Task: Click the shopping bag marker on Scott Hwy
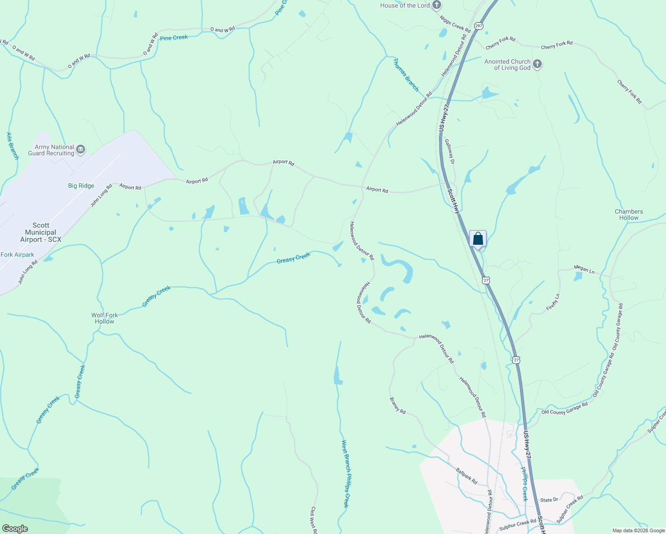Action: pos(478,239)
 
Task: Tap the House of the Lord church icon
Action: pos(437,5)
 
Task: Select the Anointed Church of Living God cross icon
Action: pos(537,64)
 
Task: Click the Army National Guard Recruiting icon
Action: pos(81,150)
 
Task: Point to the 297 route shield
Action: pos(478,26)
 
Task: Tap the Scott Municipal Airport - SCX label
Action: pos(41,232)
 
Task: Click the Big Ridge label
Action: pos(81,186)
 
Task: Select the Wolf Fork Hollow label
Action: pos(105,318)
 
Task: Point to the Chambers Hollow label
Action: pos(629,214)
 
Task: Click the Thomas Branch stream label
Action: pos(406,75)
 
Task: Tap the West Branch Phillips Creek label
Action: pos(345,473)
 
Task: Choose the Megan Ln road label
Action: pos(584,269)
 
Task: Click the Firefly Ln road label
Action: pos(552,303)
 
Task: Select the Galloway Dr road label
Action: pos(449,151)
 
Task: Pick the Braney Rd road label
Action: pos(398,405)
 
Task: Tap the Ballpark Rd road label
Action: pos(467,476)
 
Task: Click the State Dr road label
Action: pos(549,500)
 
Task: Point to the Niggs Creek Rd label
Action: pos(455,24)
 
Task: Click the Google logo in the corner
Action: pos(15,528)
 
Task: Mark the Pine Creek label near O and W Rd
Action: pos(174,38)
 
